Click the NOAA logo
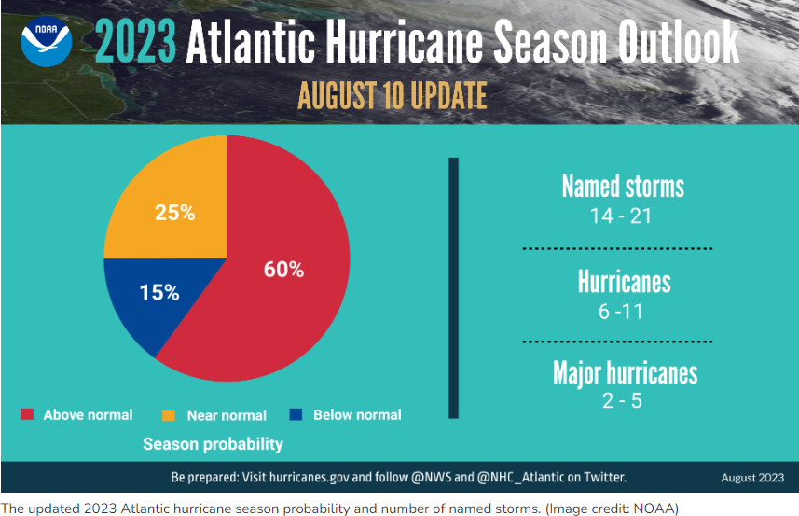click(x=47, y=40)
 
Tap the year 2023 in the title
click(x=135, y=42)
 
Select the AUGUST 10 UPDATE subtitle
click(x=392, y=95)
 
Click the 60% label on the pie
click(x=284, y=270)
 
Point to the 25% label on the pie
click(x=174, y=213)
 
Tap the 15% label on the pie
click(x=158, y=292)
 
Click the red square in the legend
click(x=27, y=414)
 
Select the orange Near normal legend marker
click(x=170, y=414)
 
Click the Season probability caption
click(x=213, y=444)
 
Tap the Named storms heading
click(x=623, y=187)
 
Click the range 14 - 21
click(x=623, y=216)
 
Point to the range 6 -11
click(x=623, y=311)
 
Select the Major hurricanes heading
click(x=625, y=373)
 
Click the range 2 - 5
click(x=623, y=401)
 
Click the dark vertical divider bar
click(x=454, y=287)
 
